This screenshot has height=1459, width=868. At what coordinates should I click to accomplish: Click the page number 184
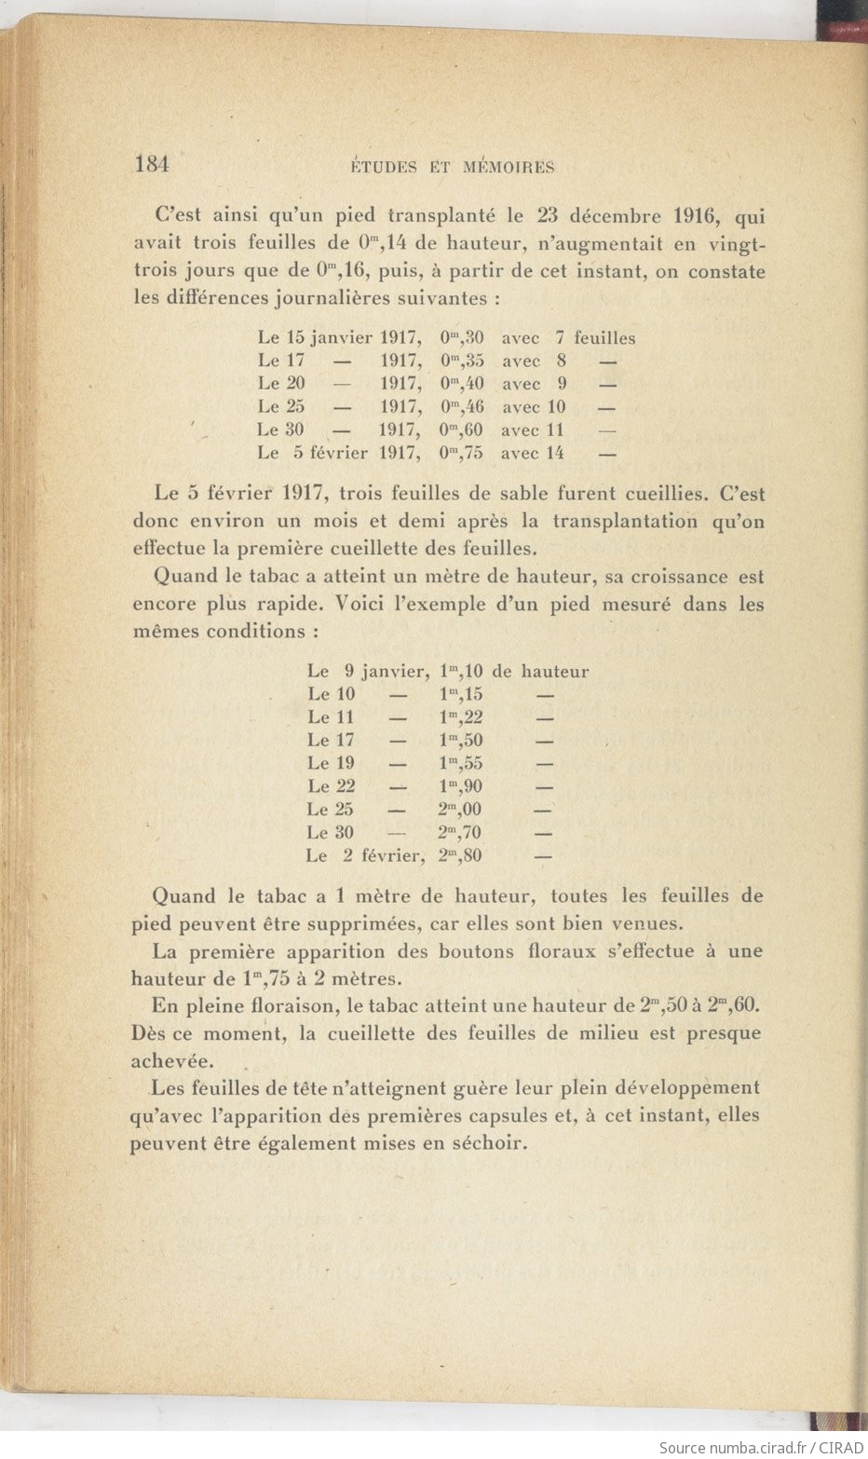pos(152,165)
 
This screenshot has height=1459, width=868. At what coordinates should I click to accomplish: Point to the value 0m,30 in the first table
pos(461,338)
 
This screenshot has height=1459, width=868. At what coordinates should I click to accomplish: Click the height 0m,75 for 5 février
pos(461,454)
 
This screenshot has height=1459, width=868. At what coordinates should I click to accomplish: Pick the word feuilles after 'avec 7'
pos(604,338)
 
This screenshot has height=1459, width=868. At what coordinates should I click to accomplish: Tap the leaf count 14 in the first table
pos(555,454)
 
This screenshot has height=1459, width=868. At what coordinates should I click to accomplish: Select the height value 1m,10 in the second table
pos(460,671)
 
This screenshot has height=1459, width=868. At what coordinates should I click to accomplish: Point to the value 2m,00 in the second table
pos(459,810)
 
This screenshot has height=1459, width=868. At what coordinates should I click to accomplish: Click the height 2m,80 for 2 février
pos(459,855)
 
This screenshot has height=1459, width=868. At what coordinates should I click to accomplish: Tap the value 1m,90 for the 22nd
pos(460,786)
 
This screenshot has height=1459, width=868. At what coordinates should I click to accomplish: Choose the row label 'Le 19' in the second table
pos(331,763)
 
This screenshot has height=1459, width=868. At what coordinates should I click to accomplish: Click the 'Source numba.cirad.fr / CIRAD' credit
pos(759,1447)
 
